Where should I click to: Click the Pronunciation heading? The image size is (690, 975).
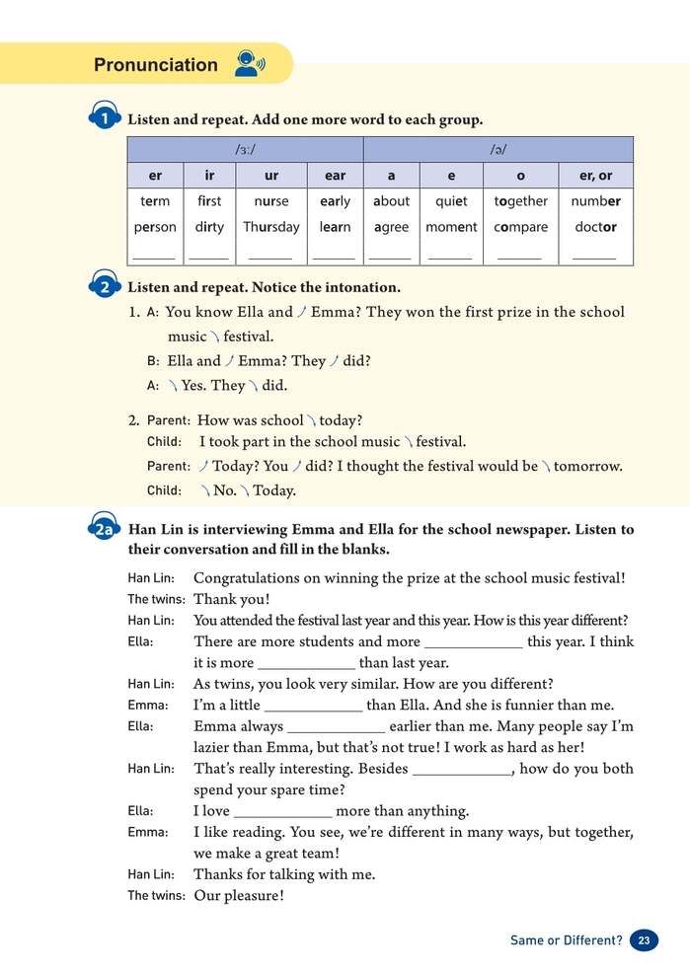point(155,65)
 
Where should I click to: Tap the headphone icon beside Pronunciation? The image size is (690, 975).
point(249,64)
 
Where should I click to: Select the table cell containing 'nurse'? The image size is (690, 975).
point(271,201)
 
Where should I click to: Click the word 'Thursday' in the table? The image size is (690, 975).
point(271,227)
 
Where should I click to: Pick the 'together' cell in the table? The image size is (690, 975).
point(520,201)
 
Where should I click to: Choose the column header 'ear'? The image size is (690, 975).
point(335,176)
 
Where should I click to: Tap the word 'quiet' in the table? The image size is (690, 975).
point(451,201)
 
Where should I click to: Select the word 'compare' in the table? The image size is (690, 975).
point(520,227)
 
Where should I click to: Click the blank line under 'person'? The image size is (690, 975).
point(154,255)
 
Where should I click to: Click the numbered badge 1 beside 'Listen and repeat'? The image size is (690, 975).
point(105,119)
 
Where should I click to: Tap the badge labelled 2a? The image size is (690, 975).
point(105,530)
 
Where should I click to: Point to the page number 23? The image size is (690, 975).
point(644,940)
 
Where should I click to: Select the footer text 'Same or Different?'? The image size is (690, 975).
point(566,940)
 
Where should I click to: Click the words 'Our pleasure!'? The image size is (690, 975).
point(239,896)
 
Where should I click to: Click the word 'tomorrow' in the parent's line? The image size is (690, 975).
point(588,466)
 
